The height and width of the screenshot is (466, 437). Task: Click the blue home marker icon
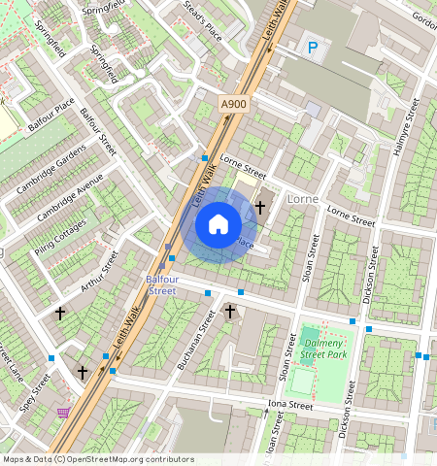coord(218,224)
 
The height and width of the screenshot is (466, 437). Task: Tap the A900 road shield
coord(233,104)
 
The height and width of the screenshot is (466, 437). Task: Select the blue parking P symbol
coord(313,47)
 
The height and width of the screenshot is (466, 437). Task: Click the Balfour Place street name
coord(50,113)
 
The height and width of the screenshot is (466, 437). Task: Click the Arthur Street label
coord(99,271)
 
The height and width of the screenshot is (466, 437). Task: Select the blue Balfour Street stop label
coord(162,284)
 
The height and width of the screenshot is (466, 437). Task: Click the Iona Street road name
coord(291,406)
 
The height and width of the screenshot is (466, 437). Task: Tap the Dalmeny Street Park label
coord(324,349)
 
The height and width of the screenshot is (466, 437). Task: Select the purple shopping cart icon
coord(63,413)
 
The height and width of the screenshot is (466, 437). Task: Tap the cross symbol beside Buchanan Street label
coord(230,312)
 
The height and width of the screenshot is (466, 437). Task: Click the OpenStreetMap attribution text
coord(97,459)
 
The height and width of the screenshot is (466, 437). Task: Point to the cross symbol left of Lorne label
coord(260,207)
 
